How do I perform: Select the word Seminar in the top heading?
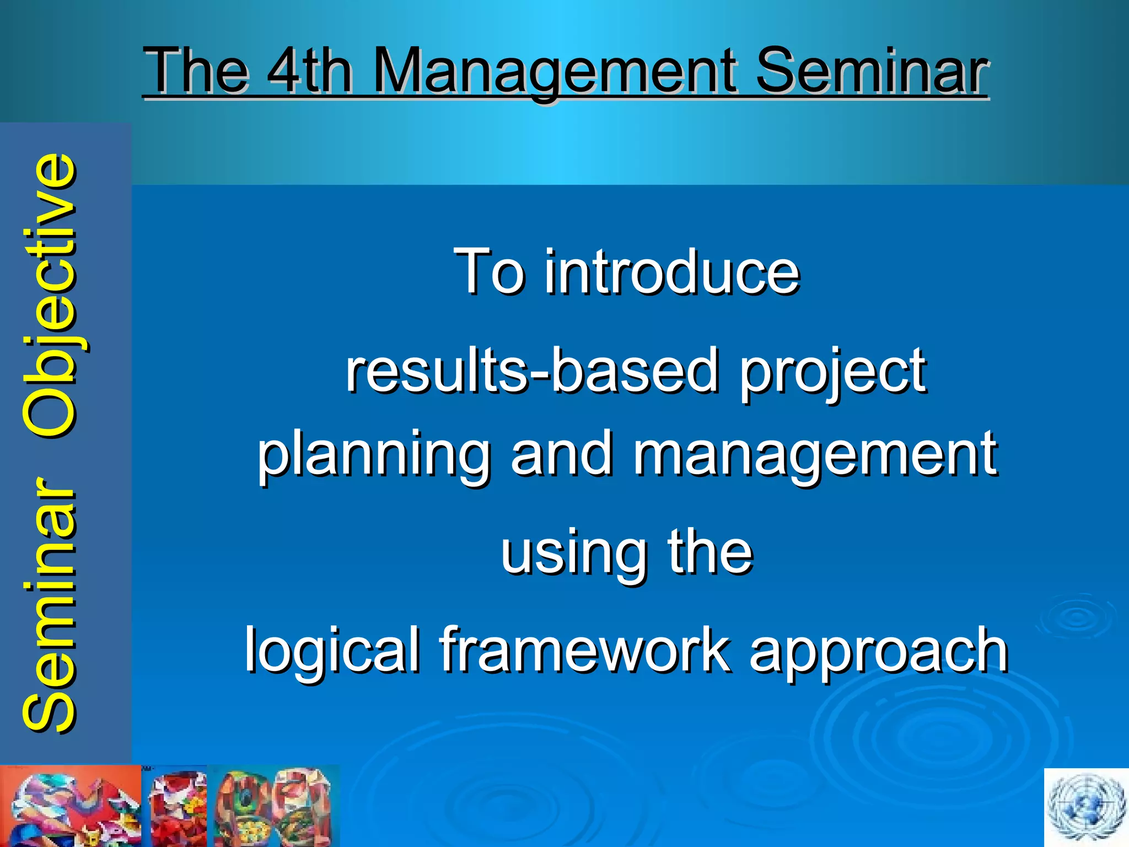[x=871, y=72]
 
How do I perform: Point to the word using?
[x=573, y=554]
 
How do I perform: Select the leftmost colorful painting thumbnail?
[x=71, y=806]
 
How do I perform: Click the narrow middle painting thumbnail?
[x=178, y=806]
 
